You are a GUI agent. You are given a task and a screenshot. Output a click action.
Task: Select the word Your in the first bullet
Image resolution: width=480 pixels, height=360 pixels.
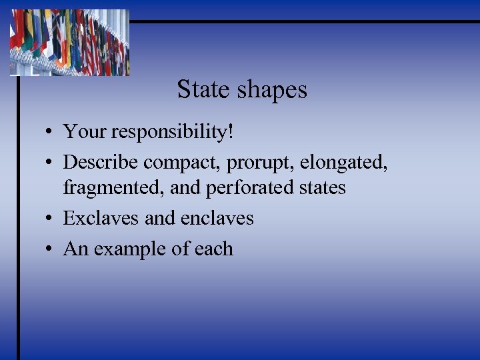click(85, 131)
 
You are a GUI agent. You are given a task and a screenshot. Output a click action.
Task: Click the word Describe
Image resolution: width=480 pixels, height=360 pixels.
click(101, 162)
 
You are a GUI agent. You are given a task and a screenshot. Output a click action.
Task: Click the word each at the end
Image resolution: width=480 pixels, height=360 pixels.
click(214, 249)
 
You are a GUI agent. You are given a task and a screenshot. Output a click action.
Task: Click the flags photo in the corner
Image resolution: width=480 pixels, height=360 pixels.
click(69, 41)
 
